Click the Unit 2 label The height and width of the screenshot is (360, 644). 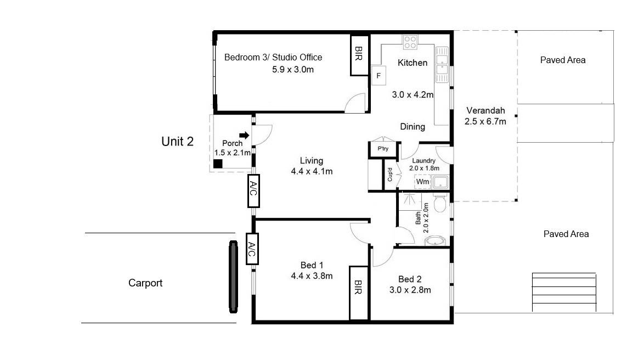coord(177,142)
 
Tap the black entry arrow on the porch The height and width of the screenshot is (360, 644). coord(244,135)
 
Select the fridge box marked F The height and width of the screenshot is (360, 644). coord(379,76)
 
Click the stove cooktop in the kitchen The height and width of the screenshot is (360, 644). coord(410,42)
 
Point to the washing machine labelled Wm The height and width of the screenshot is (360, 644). coord(422,182)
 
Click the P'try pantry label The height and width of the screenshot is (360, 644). coord(383,148)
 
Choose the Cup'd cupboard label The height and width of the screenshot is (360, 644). coord(390,175)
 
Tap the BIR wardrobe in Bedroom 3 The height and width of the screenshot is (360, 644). coord(359,54)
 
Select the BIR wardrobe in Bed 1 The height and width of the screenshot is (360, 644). coord(359,292)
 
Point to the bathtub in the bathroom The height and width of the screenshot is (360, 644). coord(436,240)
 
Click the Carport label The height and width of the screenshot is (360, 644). coord(145,283)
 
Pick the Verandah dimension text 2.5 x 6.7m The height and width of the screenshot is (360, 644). coord(485,122)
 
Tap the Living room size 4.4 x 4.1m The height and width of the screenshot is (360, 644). coord(312,171)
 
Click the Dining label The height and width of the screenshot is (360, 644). coord(413,127)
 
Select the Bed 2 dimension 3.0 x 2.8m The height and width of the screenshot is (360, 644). coord(410,290)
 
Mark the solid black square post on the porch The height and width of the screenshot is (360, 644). coord(218,164)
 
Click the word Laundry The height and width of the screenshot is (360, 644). coord(423,161)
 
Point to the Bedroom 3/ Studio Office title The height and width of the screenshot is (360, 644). coord(273,57)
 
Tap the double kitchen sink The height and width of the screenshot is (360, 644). coord(442,65)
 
